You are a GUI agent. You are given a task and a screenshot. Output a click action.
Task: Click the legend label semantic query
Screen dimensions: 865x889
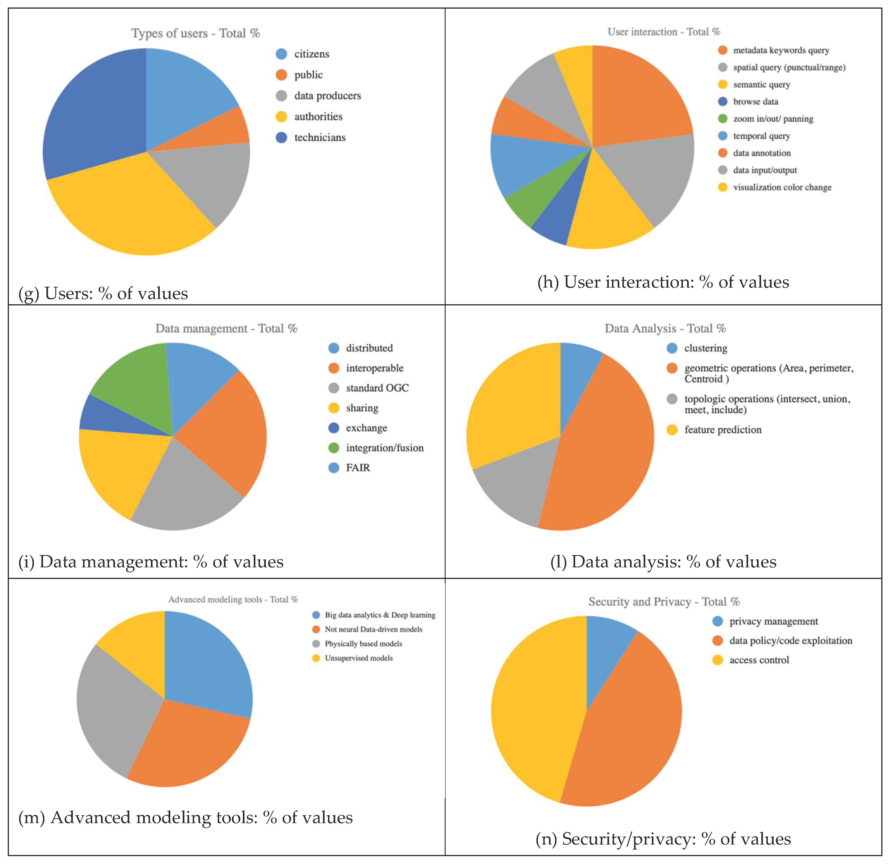[x=761, y=84]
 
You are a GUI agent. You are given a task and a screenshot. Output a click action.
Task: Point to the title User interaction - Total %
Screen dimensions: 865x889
[x=664, y=32]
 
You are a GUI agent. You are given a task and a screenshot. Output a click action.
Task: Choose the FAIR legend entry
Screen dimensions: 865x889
[x=358, y=467]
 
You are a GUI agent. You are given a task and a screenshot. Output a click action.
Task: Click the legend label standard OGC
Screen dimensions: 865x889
[x=377, y=388]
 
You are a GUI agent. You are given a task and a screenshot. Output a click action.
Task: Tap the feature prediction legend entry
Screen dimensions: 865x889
[x=722, y=430]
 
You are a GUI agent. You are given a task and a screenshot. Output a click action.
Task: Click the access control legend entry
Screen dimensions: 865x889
[x=759, y=660]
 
